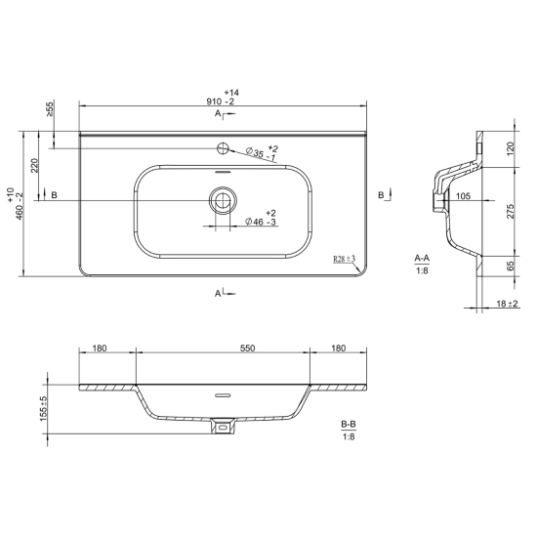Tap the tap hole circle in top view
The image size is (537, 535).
point(223,148)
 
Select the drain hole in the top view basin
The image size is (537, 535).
point(223,200)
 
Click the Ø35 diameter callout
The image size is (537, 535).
point(263,153)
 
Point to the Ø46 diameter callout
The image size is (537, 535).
point(262,218)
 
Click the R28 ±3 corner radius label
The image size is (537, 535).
point(345,259)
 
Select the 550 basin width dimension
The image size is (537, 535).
point(247,349)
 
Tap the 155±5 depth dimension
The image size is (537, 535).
point(44,409)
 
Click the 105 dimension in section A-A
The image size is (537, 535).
point(464,196)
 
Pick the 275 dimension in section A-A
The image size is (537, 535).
point(511,211)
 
